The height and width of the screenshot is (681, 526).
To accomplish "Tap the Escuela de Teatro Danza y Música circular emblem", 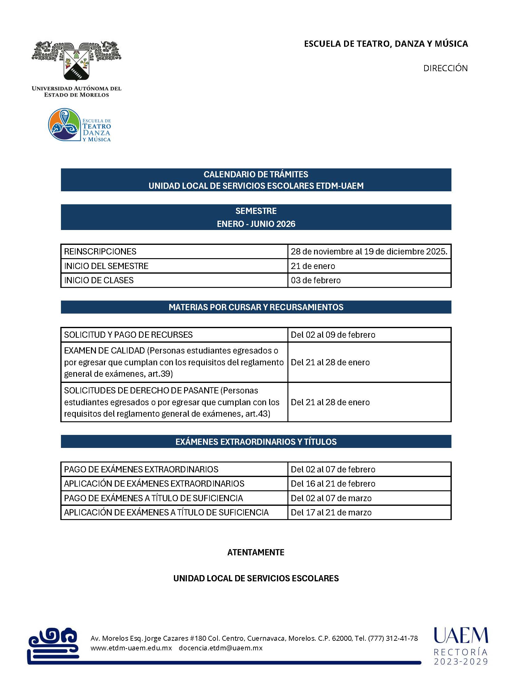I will click(64, 125).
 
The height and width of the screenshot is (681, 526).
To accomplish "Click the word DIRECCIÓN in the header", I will click(445, 68).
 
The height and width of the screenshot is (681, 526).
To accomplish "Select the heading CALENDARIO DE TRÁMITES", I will click(256, 174).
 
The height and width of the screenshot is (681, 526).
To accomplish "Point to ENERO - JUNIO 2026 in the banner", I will click(256, 224).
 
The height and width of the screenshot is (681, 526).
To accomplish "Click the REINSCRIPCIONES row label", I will click(100, 251).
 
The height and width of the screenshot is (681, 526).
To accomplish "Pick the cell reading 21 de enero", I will click(313, 266).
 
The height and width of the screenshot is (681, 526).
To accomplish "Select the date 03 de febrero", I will click(316, 280).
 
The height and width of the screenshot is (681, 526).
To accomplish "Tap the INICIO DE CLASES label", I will click(99, 280).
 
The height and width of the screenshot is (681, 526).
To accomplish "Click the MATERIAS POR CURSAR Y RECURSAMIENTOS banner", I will click(256, 307).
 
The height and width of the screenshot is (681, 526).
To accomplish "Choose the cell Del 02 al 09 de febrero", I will click(333, 335).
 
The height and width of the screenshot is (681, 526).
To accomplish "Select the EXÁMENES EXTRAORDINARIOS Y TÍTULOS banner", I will click(256, 441).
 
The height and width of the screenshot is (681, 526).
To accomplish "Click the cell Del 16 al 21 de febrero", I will click(333, 484).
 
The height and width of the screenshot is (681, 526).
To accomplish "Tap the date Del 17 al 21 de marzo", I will click(331, 512).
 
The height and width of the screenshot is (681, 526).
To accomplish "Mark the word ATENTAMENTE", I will click(256, 553).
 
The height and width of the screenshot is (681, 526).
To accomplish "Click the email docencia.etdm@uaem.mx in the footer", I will click(221, 648).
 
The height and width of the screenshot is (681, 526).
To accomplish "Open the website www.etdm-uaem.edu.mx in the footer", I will click(131, 648).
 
